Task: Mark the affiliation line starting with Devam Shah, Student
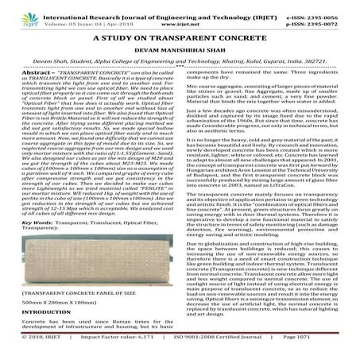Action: coord(180,60)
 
